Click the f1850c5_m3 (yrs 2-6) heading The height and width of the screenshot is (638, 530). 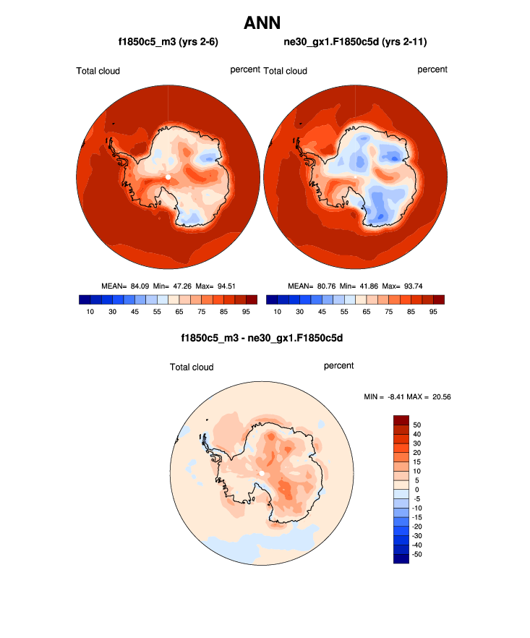pyautogui.click(x=168, y=43)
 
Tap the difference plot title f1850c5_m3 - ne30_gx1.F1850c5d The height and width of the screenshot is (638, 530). pyautogui.click(x=261, y=338)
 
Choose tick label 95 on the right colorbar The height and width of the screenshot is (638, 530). pyautogui.click(x=432, y=311)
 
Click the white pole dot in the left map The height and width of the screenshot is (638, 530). pyautogui.click(x=168, y=176)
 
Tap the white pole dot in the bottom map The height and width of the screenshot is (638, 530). pyautogui.click(x=261, y=474)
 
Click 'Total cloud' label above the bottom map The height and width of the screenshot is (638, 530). pyautogui.click(x=192, y=367)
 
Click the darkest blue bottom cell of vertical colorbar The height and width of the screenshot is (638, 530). pyautogui.click(x=401, y=558)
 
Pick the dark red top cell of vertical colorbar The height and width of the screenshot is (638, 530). pyautogui.click(x=401, y=420)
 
